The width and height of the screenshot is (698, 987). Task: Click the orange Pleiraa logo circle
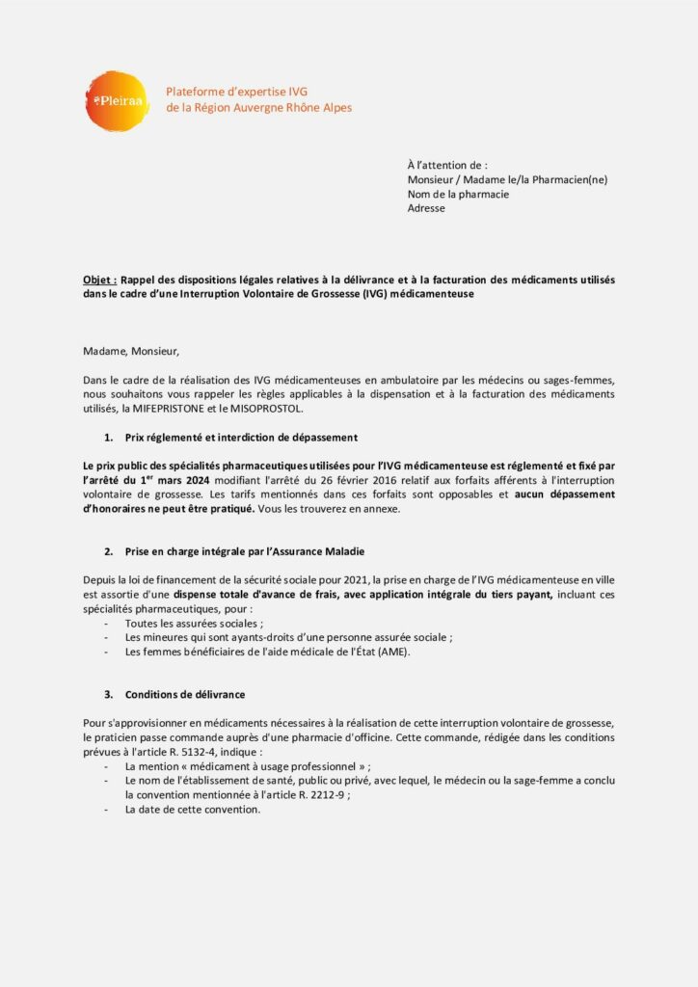116,100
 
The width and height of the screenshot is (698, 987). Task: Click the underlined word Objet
99,280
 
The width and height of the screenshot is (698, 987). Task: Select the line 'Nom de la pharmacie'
458,194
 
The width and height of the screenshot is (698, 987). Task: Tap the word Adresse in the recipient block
426,208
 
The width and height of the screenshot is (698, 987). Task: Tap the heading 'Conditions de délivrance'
184,694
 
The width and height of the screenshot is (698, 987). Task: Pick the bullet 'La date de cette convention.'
193,810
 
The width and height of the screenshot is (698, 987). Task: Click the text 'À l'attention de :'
447,165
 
